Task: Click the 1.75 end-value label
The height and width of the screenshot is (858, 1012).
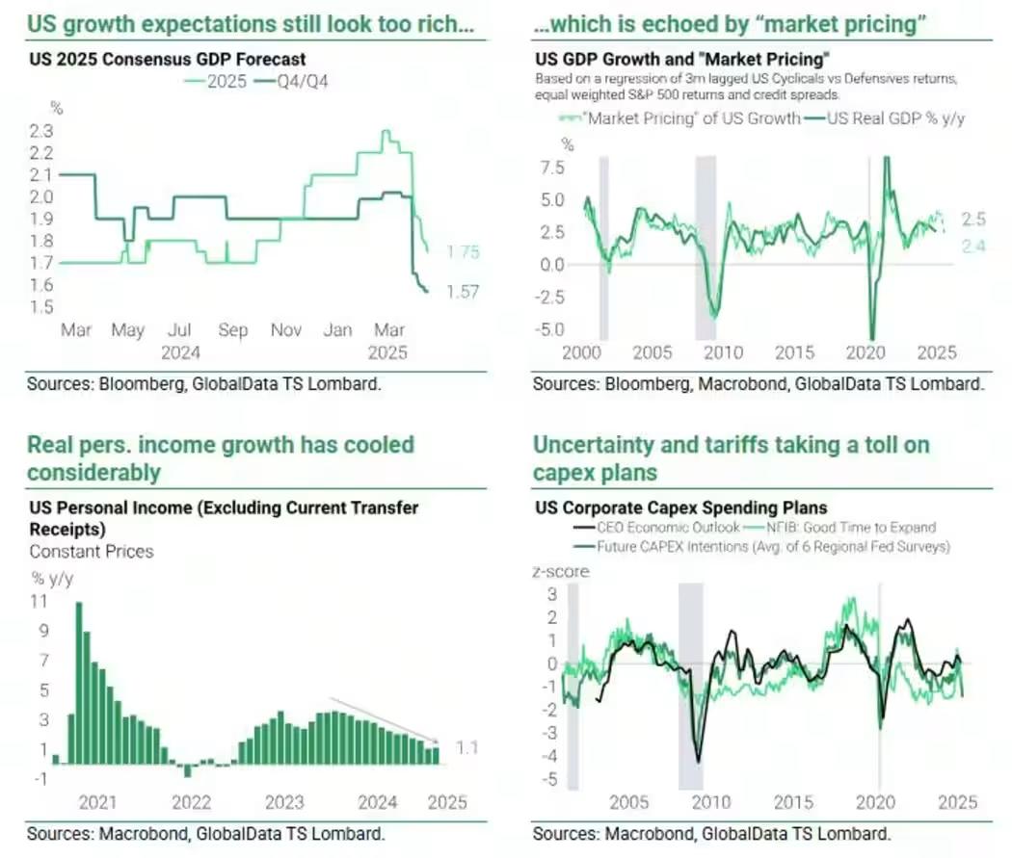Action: pos(464,252)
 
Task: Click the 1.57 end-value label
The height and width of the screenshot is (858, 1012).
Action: pos(463,292)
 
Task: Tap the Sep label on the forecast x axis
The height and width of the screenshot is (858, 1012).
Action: pos(232,330)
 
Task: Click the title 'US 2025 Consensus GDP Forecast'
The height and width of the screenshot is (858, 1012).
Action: pos(168,60)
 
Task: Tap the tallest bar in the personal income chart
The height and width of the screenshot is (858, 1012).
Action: pos(78,683)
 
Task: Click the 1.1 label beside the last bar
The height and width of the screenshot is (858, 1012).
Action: pos(467,747)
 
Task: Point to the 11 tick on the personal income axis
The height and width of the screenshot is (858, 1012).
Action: pos(40,601)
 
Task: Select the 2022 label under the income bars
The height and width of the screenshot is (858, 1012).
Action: pos(191,801)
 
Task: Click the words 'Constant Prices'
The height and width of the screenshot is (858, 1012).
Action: pos(92,552)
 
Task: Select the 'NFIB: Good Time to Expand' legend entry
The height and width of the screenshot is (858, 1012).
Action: pos(852,528)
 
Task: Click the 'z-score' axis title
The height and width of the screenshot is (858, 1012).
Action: pos(560,571)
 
